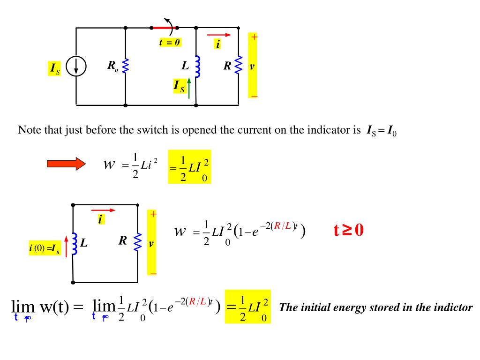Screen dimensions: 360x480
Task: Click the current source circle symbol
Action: [76, 66]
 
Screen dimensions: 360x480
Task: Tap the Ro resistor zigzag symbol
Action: [125, 66]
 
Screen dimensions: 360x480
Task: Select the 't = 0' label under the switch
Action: [170, 42]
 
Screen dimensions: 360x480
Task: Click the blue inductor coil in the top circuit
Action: [197, 66]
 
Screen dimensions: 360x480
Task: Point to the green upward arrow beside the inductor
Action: [188, 88]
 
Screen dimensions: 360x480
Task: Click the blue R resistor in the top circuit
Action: [239, 66]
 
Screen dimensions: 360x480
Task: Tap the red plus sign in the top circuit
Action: [254, 37]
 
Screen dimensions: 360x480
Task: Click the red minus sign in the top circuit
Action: [254, 97]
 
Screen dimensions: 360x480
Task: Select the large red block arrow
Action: [66, 164]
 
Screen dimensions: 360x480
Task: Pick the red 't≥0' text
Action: [349, 230]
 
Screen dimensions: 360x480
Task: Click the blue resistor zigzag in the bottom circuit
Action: [138, 242]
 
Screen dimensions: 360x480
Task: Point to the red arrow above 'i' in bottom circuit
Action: [103, 210]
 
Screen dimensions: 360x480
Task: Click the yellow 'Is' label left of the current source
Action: [55, 68]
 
